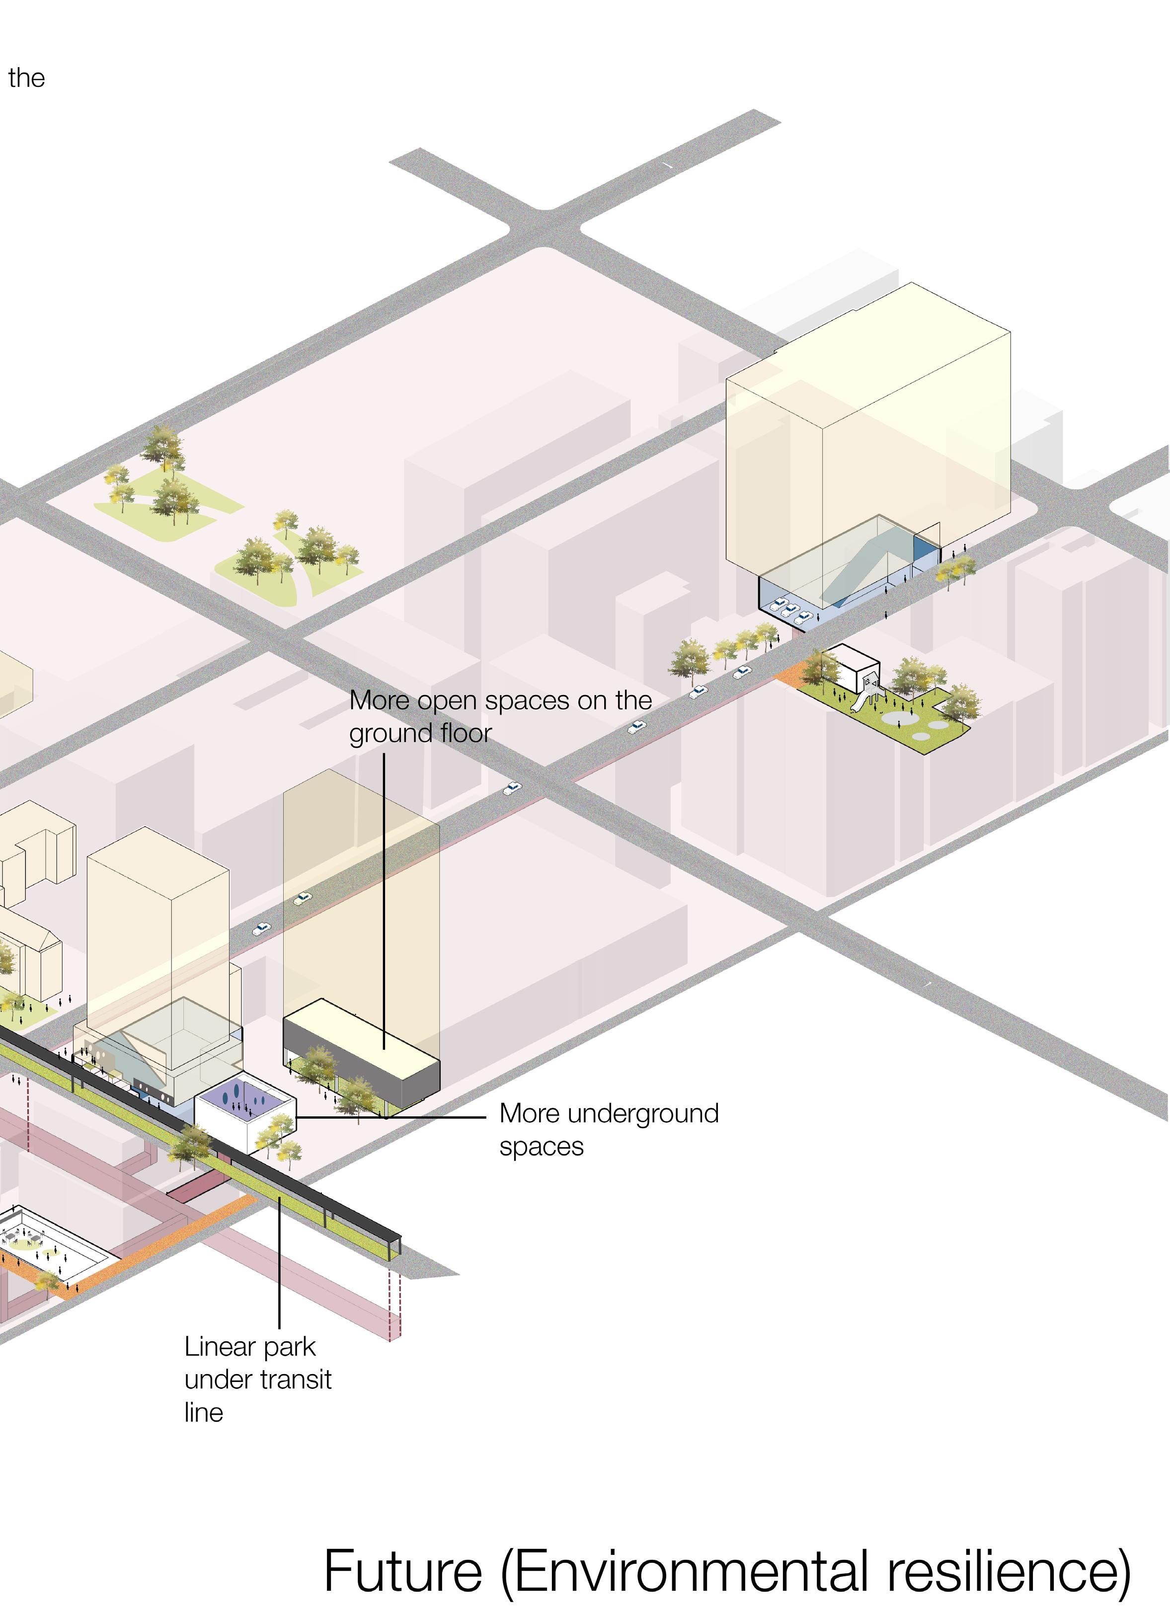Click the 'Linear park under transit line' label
[257, 1379]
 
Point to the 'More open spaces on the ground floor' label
[499, 716]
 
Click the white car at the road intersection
[512, 788]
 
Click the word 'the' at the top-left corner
[26, 78]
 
